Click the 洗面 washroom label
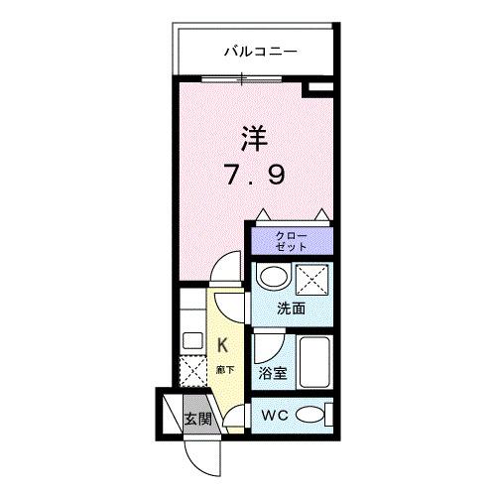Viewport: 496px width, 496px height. [291, 309]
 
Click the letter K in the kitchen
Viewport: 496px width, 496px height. [223, 345]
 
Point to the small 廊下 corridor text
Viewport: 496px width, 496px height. [224, 369]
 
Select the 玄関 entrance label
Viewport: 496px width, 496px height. [197, 419]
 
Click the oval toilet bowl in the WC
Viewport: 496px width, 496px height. [310, 415]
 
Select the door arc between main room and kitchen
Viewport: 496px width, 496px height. [227, 271]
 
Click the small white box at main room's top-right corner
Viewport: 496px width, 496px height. [318, 91]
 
